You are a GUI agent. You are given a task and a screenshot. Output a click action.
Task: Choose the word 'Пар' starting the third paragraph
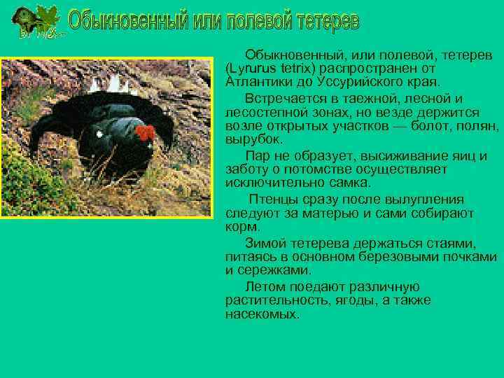(256, 155)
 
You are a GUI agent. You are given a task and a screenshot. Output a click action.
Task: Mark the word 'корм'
(241, 226)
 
